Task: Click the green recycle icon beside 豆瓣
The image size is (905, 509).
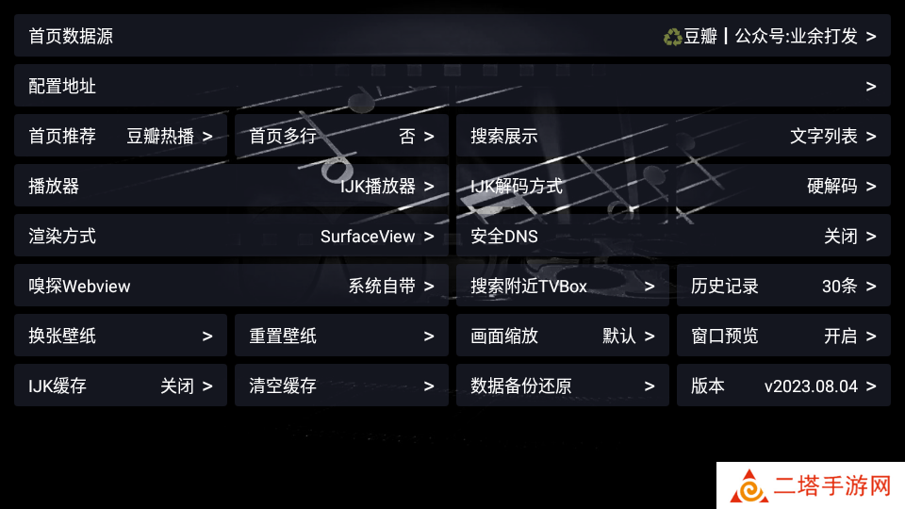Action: (x=672, y=37)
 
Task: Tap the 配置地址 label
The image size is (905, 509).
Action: (x=62, y=87)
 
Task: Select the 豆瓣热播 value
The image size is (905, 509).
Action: (x=160, y=136)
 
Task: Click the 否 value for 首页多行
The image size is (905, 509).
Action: (x=407, y=136)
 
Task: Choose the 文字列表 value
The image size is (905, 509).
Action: (x=824, y=136)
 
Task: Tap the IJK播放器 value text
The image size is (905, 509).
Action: (x=378, y=187)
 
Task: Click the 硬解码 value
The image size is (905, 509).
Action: (x=832, y=187)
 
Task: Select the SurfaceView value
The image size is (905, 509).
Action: (x=368, y=237)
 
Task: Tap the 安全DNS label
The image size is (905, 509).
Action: (x=504, y=237)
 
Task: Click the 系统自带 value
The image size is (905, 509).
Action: (x=382, y=287)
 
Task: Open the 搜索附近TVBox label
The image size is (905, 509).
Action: (x=529, y=287)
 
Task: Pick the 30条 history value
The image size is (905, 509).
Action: (x=840, y=287)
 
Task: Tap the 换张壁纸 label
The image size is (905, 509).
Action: (x=62, y=336)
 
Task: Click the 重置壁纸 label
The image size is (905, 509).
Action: (x=283, y=336)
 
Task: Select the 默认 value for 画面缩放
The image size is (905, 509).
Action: (x=619, y=336)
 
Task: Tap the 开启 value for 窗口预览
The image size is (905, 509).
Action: (x=841, y=336)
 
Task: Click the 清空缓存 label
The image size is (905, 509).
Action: (x=283, y=386)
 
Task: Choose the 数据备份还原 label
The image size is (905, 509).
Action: (x=521, y=386)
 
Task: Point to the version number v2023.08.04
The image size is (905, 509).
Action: (x=811, y=386)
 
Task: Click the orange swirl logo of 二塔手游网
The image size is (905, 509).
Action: (x=749, y=486)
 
